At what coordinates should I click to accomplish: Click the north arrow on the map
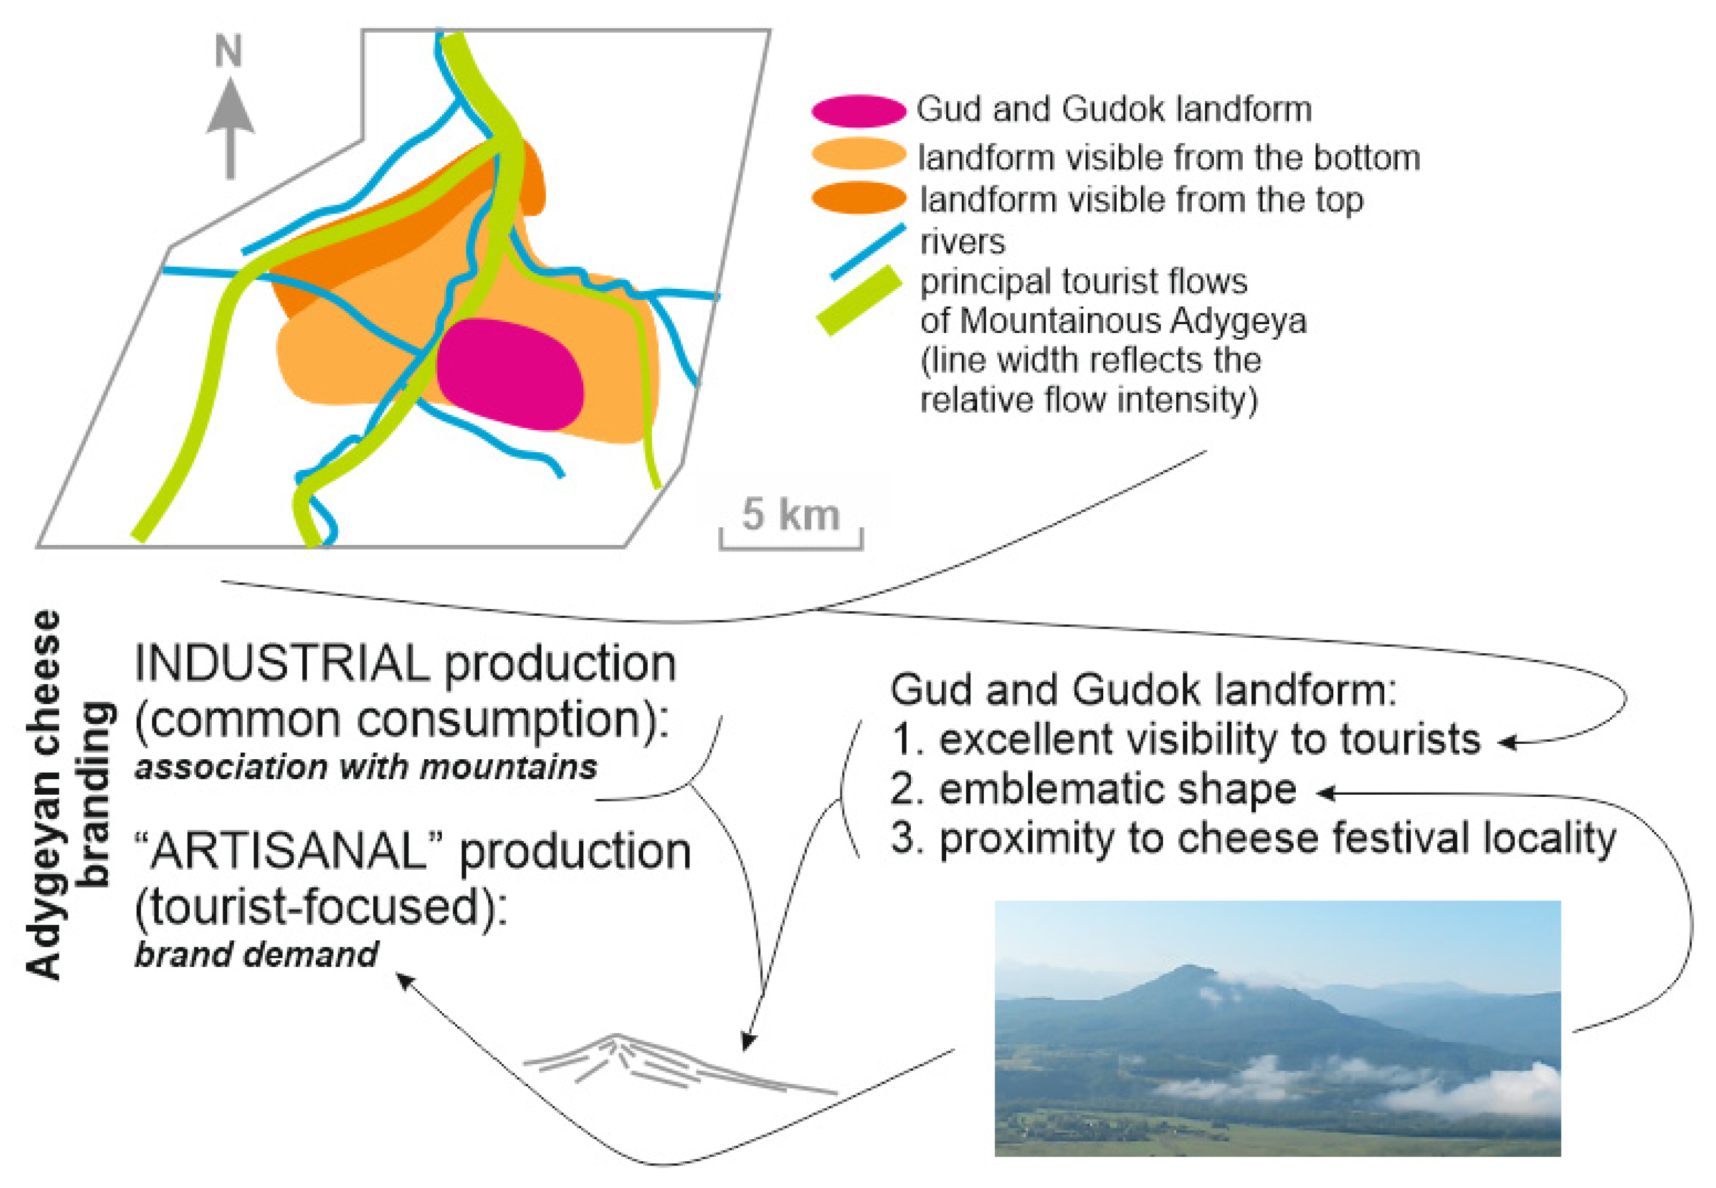[230, 128]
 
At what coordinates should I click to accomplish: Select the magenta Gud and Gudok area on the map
[510, 375]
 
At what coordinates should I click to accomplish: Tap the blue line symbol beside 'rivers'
[868, 251]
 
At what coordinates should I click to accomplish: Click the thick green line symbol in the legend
[859, 301]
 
